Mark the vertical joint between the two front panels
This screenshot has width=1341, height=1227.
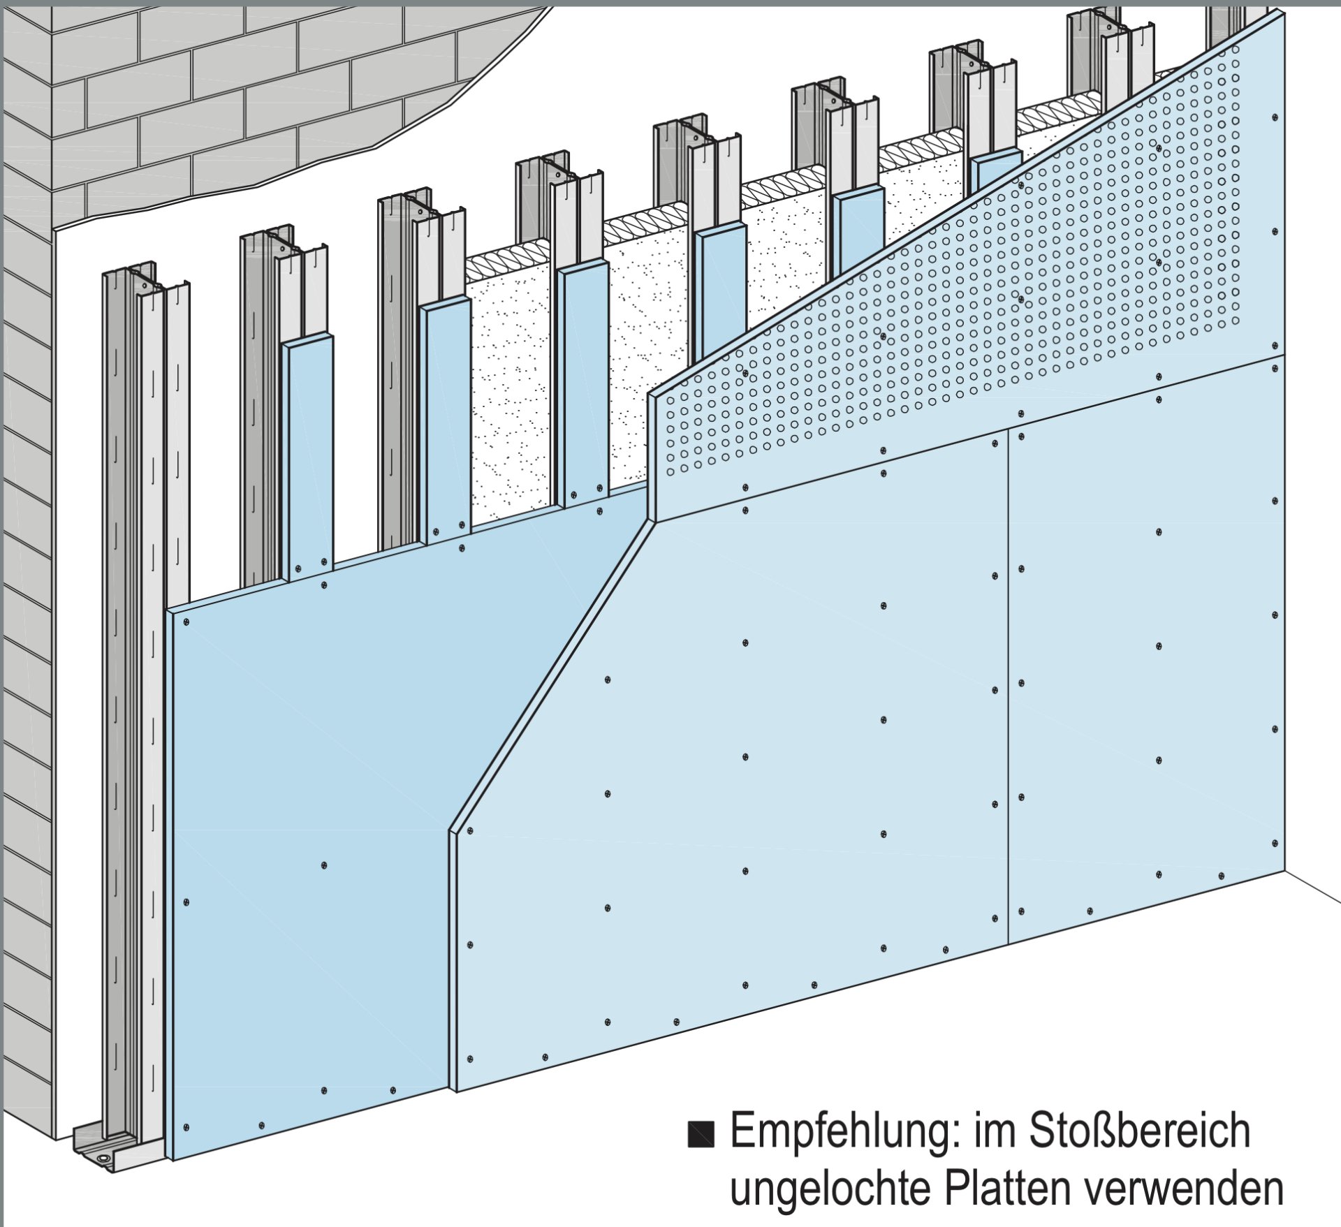tap(1008, 684)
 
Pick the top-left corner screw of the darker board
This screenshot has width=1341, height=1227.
tap(186, 621)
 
